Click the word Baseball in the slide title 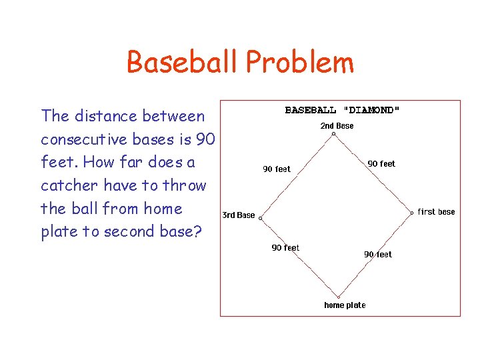coord(183,63)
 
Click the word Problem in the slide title coord(299,63)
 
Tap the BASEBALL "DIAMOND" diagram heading coord(343,110)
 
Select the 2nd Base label coord(337,126)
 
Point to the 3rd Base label coord(239,215)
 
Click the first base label coord(437,212)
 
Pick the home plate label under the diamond coord(345,305)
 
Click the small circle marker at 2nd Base coord(334,134)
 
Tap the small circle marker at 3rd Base coord(261,218)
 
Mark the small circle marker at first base coord(412,213)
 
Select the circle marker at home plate coord(338,297)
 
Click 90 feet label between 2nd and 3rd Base coord(277,169)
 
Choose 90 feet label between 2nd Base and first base coord(381,163)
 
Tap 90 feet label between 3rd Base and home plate coord(285,248)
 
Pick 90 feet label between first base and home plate coord(378,255)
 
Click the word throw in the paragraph coord(185,185)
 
